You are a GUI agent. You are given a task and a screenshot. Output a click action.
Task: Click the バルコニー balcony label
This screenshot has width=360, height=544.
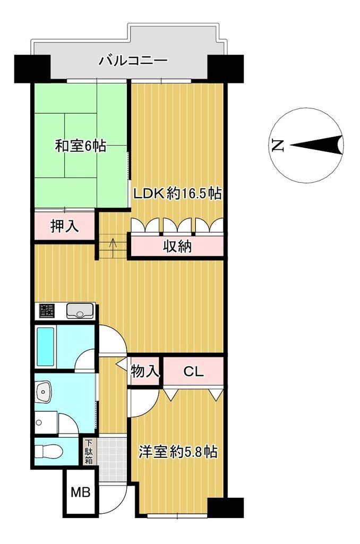(133, 61)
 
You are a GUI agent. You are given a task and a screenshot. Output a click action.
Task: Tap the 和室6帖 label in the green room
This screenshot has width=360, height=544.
(81, 146)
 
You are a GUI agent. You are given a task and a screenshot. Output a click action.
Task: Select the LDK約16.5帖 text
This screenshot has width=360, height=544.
(178, 193)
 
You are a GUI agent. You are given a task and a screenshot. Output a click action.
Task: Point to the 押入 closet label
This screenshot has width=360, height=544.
(64, 226)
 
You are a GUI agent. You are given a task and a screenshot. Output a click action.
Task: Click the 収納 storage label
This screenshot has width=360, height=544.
(177, 246)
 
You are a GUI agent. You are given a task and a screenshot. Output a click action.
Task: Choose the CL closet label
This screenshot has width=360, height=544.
(193, 372)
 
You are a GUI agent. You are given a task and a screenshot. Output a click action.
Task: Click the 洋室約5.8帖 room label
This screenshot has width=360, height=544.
(178, 452)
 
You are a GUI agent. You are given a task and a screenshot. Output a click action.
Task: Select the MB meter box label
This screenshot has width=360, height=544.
(81, 491)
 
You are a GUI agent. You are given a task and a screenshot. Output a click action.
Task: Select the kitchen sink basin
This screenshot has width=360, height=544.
(80, 310)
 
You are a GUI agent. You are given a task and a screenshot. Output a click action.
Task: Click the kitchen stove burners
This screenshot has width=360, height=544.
(46, 311)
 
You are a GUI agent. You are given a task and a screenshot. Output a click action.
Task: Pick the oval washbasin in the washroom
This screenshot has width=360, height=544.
(44, 392)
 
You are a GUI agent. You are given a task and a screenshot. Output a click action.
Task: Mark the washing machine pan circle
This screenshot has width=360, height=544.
(39, 422)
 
